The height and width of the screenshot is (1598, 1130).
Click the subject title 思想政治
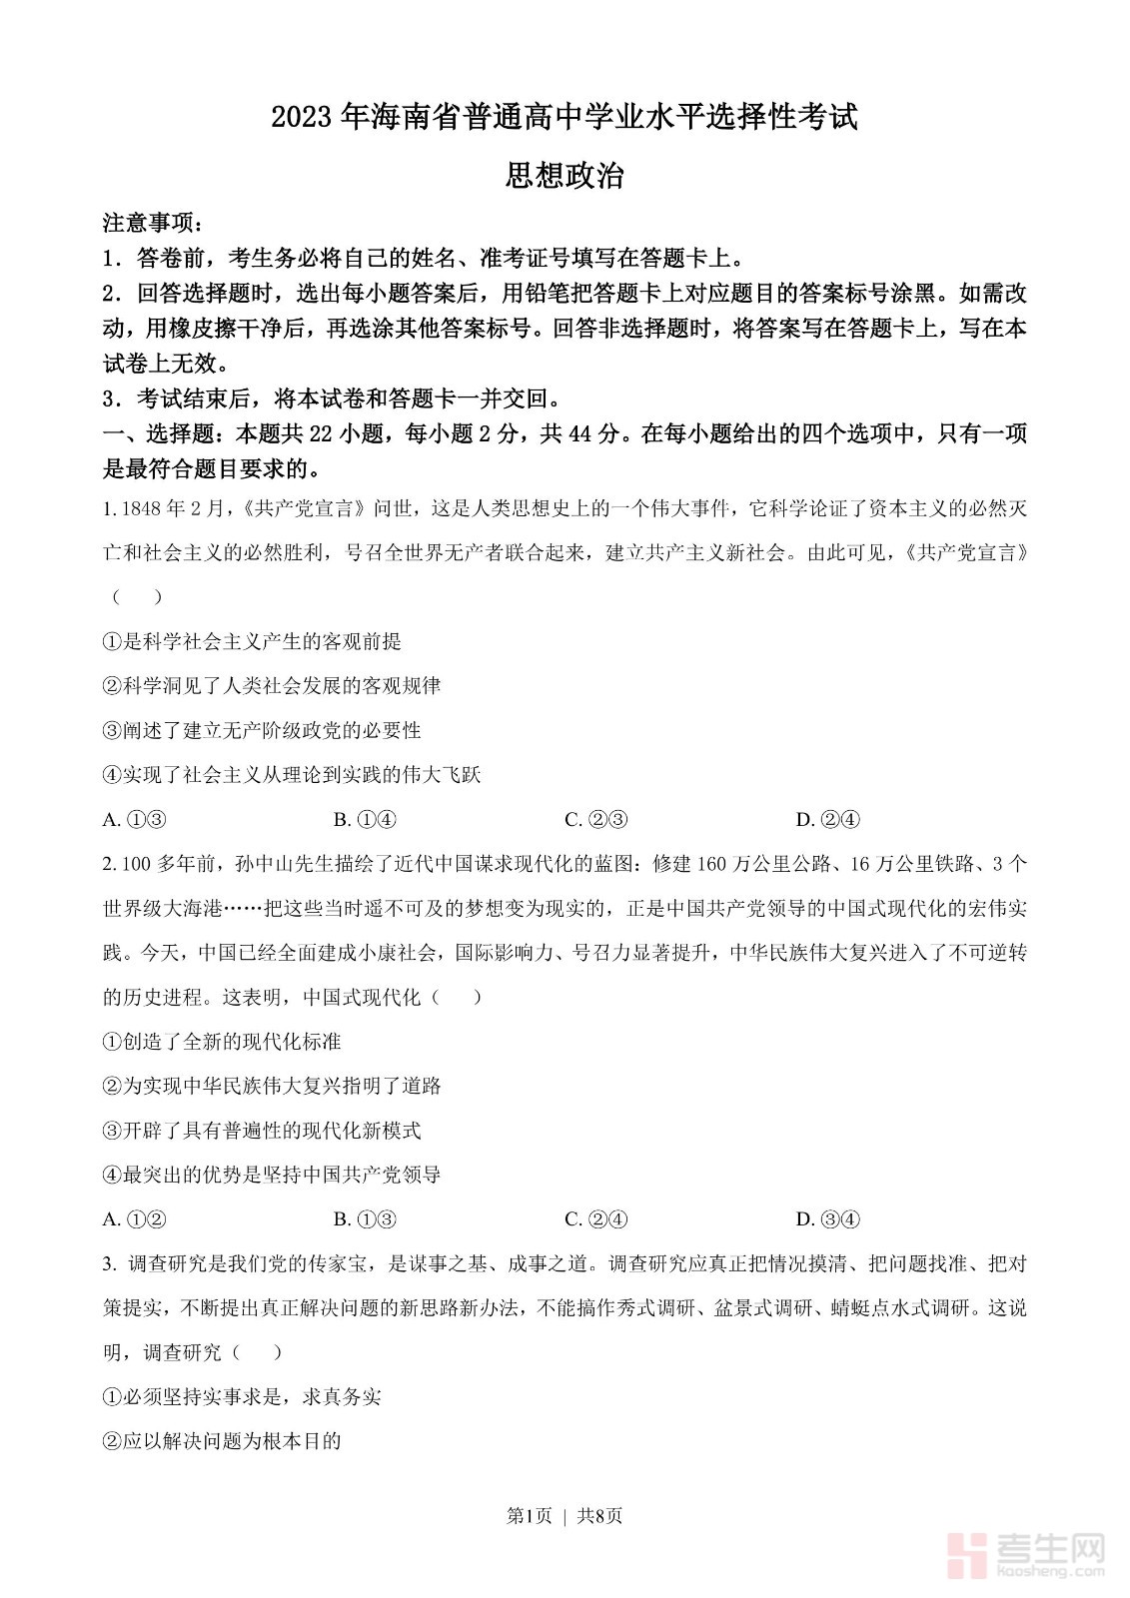[x=565, y=176]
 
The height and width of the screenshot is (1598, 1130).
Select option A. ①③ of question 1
[x=134, y=820]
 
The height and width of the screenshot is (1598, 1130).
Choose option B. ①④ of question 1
[x=365, y=820]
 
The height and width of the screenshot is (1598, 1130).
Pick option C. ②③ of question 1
[x=596, y=820]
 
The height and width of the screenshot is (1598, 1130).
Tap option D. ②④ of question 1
[x=827, y=820]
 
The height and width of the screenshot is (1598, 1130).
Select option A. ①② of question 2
[x=134, y=1218]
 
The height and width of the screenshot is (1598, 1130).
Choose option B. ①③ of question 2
[x=365, y=1218]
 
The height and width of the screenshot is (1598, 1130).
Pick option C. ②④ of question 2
[x=596, y=1218]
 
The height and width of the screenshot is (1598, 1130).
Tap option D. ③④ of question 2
[x=827, y=1218]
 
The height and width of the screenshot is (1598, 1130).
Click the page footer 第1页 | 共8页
[x=565, y=1515]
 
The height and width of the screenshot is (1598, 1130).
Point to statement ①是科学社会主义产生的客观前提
[x=252, y=641]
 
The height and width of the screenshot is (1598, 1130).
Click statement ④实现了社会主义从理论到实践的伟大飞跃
[x=292, y=775]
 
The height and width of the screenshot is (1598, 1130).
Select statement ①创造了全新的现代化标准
[x=222, y=1042]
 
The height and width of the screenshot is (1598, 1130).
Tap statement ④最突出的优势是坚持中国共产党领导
[x=272, y=1175]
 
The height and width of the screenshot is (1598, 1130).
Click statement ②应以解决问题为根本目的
[x=222, y=1440]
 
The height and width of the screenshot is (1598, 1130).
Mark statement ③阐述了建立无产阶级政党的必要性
[x=262, y=730]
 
